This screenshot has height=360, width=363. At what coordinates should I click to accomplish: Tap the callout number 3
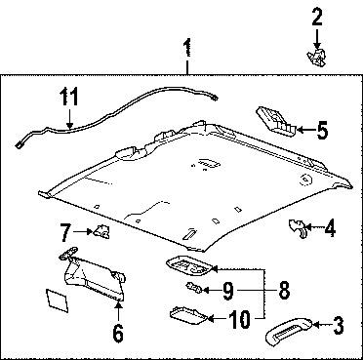(338, 325)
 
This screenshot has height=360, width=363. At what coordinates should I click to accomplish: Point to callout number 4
(329, 230)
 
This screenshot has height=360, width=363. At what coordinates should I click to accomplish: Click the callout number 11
(67, 98)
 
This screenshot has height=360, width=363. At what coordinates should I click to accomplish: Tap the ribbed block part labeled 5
(276, 121)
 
